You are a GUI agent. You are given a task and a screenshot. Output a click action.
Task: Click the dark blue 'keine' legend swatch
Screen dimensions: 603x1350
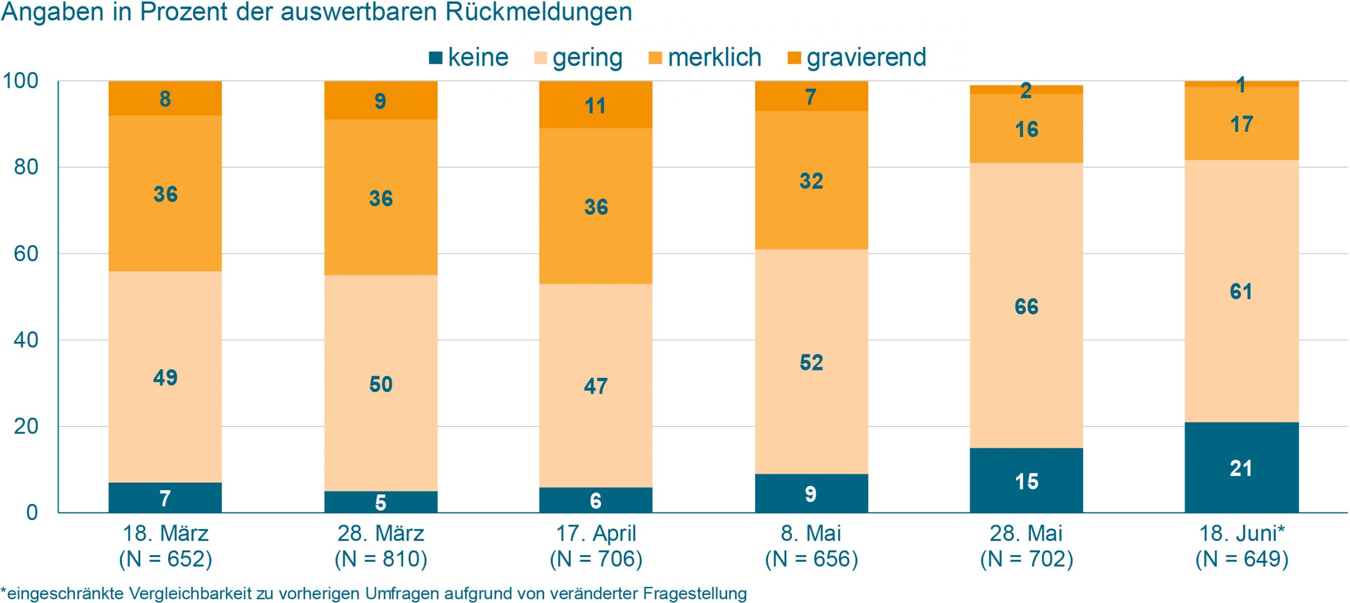click(436, 58)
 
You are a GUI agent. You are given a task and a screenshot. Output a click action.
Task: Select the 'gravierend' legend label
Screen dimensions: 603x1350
click(866, 57)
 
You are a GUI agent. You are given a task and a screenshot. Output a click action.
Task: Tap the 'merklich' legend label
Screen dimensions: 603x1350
click(715, 57)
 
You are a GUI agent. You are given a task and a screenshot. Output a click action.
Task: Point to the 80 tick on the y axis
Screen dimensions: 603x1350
click(26, 167)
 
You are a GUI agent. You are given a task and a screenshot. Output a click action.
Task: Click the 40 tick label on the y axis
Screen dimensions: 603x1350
click(26, 340)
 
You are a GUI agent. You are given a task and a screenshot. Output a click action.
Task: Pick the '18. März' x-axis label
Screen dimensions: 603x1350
click(166, 533)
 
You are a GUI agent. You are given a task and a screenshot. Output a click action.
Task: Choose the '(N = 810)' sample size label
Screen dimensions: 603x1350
click(381, 559)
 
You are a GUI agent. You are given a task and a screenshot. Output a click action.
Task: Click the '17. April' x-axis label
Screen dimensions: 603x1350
click(596, 533)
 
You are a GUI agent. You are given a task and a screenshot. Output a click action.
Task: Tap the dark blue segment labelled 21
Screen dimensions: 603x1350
click(1241, 468)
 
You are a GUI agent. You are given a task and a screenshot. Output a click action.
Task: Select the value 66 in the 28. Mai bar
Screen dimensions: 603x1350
click(1026, 307)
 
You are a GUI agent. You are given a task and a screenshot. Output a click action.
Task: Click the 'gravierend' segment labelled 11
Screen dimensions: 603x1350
click(595, 106)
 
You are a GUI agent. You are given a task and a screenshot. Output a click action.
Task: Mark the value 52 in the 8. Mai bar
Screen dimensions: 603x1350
click(811, 362)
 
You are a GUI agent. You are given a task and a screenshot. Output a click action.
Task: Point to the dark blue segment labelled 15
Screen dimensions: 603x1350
click(1026, 481)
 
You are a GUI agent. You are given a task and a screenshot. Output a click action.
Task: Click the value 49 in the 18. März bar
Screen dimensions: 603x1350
click(165, 378)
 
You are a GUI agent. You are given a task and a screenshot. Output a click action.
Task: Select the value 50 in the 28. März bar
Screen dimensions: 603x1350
click(381, 384)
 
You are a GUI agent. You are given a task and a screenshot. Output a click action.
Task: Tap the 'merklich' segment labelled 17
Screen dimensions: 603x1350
click(1241, 125)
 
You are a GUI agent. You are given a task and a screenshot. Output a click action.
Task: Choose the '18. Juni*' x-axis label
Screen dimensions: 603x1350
click(1241, 533)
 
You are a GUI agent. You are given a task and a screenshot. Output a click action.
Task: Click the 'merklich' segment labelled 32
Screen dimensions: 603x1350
click(811, 181)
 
